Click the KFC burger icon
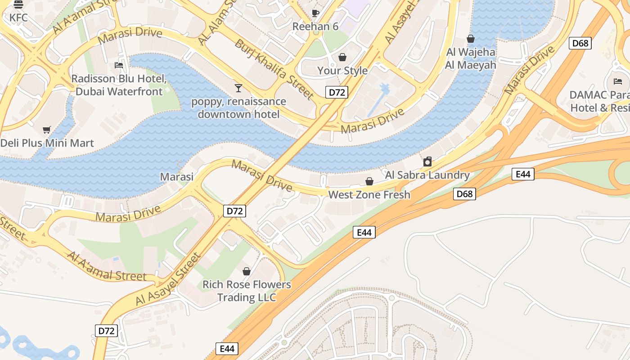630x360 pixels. point(18,5)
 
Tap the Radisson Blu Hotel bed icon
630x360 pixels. point(119,65)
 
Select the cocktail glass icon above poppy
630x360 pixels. point(238,88)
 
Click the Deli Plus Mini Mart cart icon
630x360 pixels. point(46,130)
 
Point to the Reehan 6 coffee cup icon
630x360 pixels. point(315,13)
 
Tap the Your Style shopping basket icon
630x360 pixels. point(342,57)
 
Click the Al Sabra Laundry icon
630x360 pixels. point(427,162)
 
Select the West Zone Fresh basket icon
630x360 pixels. point(369,181)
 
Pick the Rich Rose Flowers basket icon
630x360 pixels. point(246,271)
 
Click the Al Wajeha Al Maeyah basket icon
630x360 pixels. point(471,39)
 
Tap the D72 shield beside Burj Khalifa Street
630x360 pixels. point(337,93)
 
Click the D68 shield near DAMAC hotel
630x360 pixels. point(580,43)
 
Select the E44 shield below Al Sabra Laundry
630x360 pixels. point(523,174)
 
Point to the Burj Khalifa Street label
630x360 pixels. point(274,69)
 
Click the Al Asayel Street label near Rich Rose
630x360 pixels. point(167,280)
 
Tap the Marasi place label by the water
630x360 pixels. point(177,176)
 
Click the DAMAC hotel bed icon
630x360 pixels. point(618,81)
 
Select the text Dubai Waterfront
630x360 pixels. point(119,92)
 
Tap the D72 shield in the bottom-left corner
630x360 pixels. point(107,331)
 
